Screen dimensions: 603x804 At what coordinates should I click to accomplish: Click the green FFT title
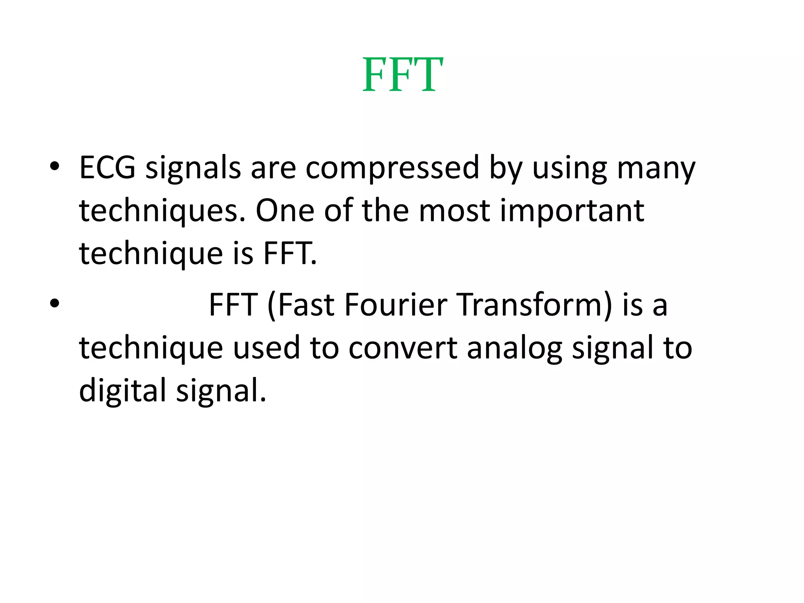point(402,75)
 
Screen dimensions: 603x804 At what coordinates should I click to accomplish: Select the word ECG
point(107,168)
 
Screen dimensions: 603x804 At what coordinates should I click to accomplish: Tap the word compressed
point(392,168)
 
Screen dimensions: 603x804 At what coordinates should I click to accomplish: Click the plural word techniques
point(161,211)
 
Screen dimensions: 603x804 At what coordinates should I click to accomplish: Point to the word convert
point(403,348)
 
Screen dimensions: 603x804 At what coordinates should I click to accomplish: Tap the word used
point(267,348)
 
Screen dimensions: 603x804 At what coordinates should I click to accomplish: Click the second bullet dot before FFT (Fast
point(55,304)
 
